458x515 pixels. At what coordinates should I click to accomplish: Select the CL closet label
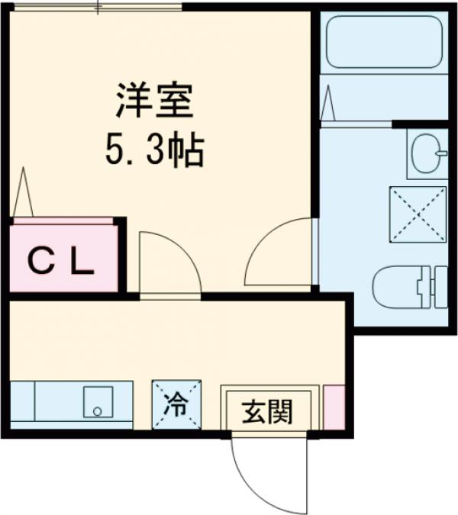(x=61, y=262)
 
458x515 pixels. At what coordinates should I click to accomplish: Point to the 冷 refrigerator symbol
(x=176, y=404)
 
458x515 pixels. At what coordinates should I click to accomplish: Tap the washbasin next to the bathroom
(x=427, y=153)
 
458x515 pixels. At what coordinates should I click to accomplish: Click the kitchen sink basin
(x=97, y=402)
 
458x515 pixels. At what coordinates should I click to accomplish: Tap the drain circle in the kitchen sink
(x=97, y=411)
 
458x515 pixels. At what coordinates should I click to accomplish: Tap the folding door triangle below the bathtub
(x=328, y=105)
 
